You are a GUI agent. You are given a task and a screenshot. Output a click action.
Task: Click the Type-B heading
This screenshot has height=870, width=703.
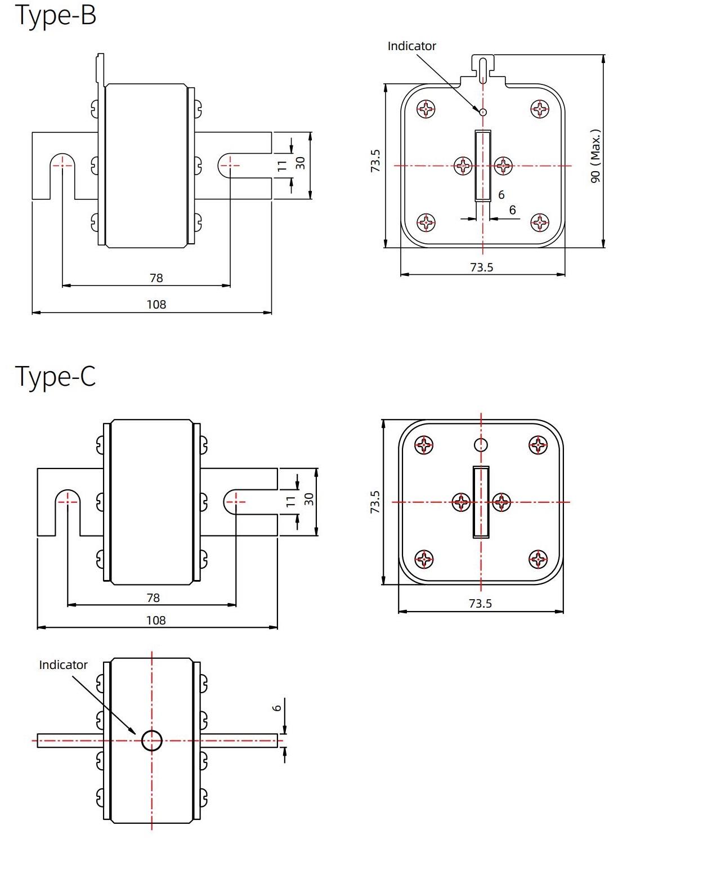point(55,16)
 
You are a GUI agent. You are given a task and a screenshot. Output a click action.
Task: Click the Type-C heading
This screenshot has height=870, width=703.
point(55,376)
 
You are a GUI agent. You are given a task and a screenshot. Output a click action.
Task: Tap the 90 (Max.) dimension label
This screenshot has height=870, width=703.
point(595,156)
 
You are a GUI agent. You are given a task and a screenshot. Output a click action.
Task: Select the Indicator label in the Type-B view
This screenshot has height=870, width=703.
point(411,46)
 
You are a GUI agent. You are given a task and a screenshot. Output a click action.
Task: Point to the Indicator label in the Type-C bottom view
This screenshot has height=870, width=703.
point(63,665)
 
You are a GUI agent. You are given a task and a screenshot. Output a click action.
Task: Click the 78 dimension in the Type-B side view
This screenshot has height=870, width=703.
point(156,278)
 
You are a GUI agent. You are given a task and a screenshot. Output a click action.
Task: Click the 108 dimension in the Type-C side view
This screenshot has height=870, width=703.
point(156,621)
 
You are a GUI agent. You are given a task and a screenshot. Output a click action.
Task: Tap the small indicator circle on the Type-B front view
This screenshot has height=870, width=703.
point(483,112)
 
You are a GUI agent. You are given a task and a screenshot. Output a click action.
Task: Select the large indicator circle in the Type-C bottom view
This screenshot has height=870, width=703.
point(152,740)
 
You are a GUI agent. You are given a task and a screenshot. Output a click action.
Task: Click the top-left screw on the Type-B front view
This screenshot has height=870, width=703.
point(426,109)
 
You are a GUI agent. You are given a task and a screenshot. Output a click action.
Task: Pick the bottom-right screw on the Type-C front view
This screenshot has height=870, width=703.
point(538,559)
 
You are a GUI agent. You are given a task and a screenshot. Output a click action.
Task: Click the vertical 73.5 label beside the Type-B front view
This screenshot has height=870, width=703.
point(375,160)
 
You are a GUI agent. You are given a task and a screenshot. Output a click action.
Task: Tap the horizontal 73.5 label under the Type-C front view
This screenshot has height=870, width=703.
point(480,604)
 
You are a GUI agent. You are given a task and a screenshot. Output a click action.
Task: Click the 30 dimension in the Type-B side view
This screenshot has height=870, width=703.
point(301,163)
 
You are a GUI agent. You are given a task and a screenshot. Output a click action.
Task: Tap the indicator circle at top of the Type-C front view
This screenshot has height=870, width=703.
point(481,445)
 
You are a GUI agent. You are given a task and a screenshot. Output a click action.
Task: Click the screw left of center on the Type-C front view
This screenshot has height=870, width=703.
point(461,502)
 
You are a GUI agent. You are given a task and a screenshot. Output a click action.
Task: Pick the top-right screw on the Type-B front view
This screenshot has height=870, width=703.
point(540,109)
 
